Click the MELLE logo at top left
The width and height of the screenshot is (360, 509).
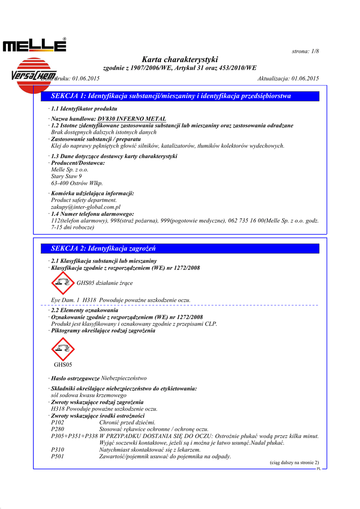click(34, 46)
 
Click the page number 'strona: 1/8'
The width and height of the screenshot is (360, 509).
click(305, 52)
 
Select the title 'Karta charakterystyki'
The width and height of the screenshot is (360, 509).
click(180, 60)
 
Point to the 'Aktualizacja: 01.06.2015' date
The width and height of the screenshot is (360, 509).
click(288, 79)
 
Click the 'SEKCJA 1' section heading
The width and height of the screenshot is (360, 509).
click(171, 96)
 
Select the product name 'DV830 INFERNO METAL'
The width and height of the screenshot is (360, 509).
click(132, 119)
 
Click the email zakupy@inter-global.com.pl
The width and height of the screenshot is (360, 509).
click(86, 206)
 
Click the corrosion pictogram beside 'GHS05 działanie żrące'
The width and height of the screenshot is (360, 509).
click(63, 283)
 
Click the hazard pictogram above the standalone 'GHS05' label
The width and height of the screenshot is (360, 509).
click(63, 348)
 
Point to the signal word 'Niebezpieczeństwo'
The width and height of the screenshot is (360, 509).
click(124, 378)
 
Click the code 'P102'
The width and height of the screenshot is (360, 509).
click(58, 422)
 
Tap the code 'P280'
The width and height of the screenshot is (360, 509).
click(58, 429)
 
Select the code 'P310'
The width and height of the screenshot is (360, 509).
click(58, 449)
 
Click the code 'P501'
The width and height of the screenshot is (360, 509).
click(58, 456)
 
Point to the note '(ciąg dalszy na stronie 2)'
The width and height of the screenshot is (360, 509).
click(294, 462)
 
